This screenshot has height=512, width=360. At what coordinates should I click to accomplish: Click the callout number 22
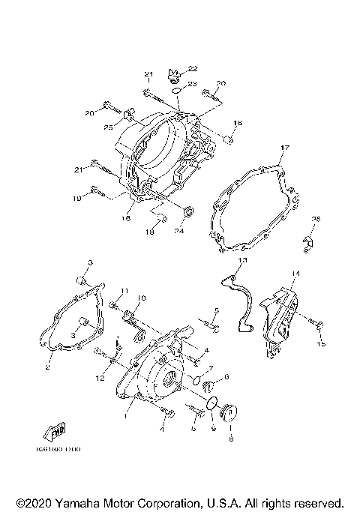(x=172, y=68)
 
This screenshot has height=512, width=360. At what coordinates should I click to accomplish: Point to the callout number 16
(x=127, y=218)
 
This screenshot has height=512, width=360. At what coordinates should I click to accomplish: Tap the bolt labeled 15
(x=321, y=325)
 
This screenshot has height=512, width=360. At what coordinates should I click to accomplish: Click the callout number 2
(x=47, y=367)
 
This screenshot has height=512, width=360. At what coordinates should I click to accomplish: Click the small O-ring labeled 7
(x=196, y=380)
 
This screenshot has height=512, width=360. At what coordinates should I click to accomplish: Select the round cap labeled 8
(x=231, y=412)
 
